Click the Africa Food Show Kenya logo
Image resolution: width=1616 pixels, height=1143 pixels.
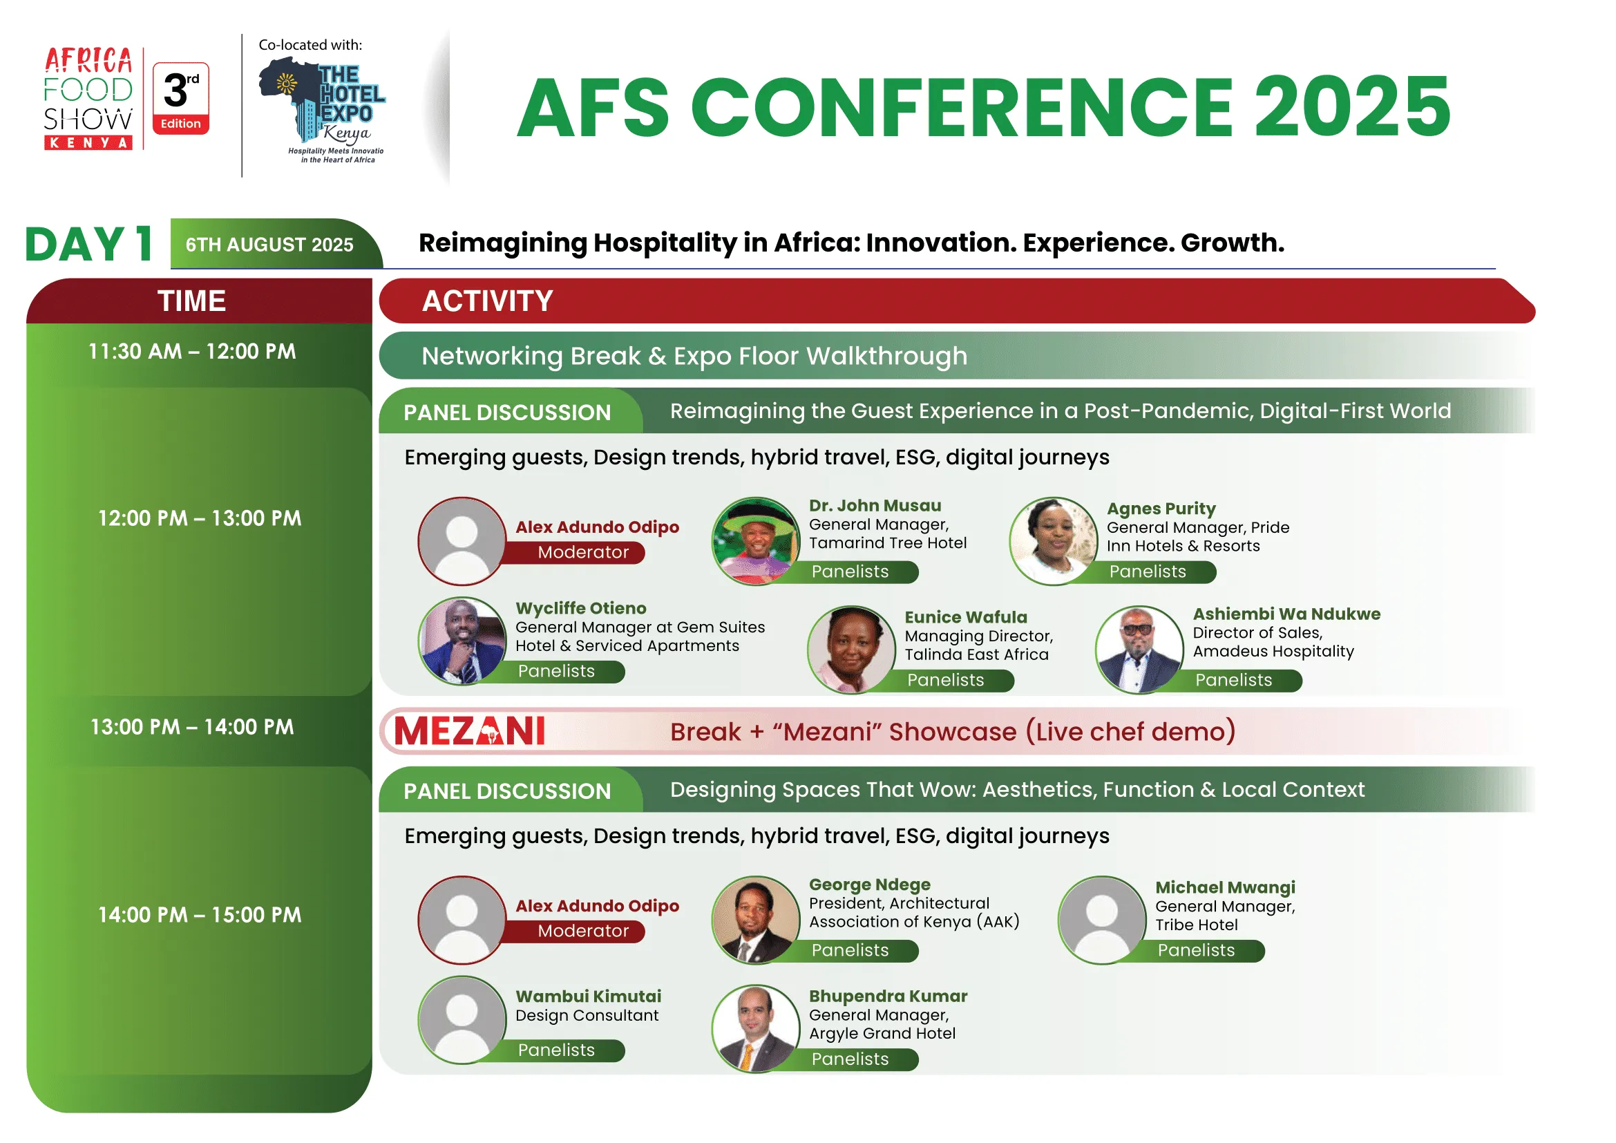click(x=88, y=99)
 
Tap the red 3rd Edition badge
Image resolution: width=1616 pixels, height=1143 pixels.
click(x=181, y=99)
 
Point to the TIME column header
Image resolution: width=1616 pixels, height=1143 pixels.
click(x=192, y=301)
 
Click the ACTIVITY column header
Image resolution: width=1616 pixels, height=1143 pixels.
click(x=488, y=301)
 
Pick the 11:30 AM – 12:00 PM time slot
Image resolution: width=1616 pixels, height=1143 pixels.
click(x=192, y=351)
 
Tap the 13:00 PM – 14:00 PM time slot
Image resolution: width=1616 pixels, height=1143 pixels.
click(x=192, y=727)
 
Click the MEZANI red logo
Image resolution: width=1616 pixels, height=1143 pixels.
click(x=469, y=731)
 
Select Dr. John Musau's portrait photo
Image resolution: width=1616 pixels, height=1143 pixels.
click(x=756, y=541)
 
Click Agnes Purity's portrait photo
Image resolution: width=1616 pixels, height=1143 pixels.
click(x=1054, y=541)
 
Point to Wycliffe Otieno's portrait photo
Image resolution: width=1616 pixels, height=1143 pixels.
click(x=462, y=641)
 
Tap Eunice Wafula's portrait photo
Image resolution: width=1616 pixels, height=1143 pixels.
click(x=852, y=650)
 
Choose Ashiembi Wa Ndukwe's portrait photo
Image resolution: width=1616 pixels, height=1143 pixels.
click(x=1139, y=650)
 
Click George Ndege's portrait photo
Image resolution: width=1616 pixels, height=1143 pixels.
click(x=756, y=920)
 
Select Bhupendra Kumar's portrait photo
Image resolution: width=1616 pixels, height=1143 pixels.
click(x=756, y=1029)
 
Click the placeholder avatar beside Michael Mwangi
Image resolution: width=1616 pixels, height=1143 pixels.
click(x=1102, y=920)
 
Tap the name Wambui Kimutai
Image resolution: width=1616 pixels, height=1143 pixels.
click(x=589, y=996)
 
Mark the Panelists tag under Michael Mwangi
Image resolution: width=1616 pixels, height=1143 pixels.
click(x=1197, y=951)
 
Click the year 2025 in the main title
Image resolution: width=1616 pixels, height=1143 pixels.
click(x=1352, y=107)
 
